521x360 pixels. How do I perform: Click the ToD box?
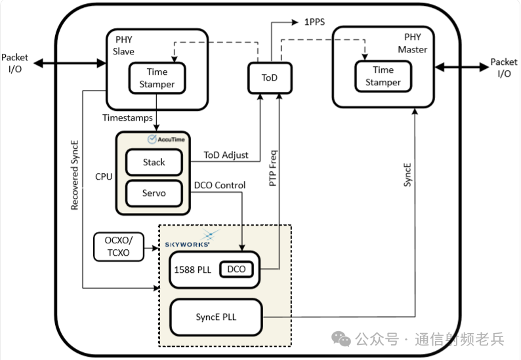pos(269,78)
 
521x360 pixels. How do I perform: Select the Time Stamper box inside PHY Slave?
pos(157,78)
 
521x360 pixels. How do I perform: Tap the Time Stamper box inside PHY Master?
pos(383,76)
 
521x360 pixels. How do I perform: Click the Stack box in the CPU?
pos(154,162)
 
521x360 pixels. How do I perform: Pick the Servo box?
pos(154,193)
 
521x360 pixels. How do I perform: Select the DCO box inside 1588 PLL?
pos(236,269)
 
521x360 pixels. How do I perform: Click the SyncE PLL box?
pos(216,317)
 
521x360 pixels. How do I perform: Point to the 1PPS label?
pos(314,22)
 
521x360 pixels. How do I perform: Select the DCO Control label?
pos(220,186)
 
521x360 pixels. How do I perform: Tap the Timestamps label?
pos(127,117)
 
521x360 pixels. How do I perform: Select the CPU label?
pos(104,177)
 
